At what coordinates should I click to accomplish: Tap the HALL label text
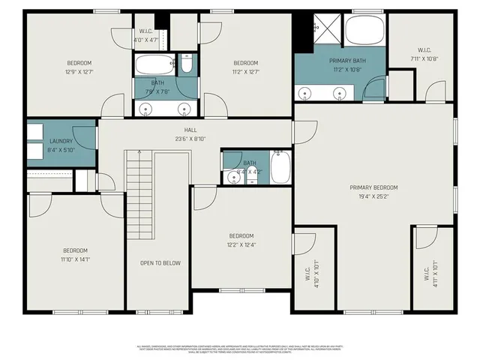180,130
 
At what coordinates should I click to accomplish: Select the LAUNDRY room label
61,141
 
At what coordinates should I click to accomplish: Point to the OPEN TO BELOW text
160,263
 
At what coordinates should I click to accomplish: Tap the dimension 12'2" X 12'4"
241,244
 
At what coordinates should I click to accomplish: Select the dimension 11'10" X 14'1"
75,259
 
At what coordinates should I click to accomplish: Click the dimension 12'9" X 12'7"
79,72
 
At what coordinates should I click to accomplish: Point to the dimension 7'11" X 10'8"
424,58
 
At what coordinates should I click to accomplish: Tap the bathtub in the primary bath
364,32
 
